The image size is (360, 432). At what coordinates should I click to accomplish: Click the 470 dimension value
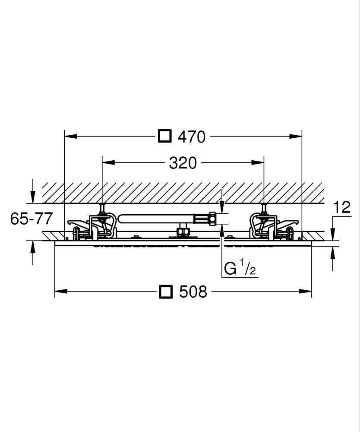click(192, 137)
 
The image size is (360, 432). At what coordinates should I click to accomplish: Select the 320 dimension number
click(183, 163)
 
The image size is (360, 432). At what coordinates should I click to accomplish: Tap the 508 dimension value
click(193, 292)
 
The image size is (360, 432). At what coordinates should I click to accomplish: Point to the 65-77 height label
click(31, 219)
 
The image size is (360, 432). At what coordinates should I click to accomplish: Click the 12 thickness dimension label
click(342, 207)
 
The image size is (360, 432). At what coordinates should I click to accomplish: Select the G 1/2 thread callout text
click(240, 269)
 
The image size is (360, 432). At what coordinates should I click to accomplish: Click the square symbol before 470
click(165, 136)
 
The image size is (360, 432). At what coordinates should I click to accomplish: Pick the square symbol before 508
click(166, 292)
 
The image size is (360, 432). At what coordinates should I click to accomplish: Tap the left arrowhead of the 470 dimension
click(70, 136)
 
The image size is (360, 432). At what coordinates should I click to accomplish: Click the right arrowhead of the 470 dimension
click(296, 136)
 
